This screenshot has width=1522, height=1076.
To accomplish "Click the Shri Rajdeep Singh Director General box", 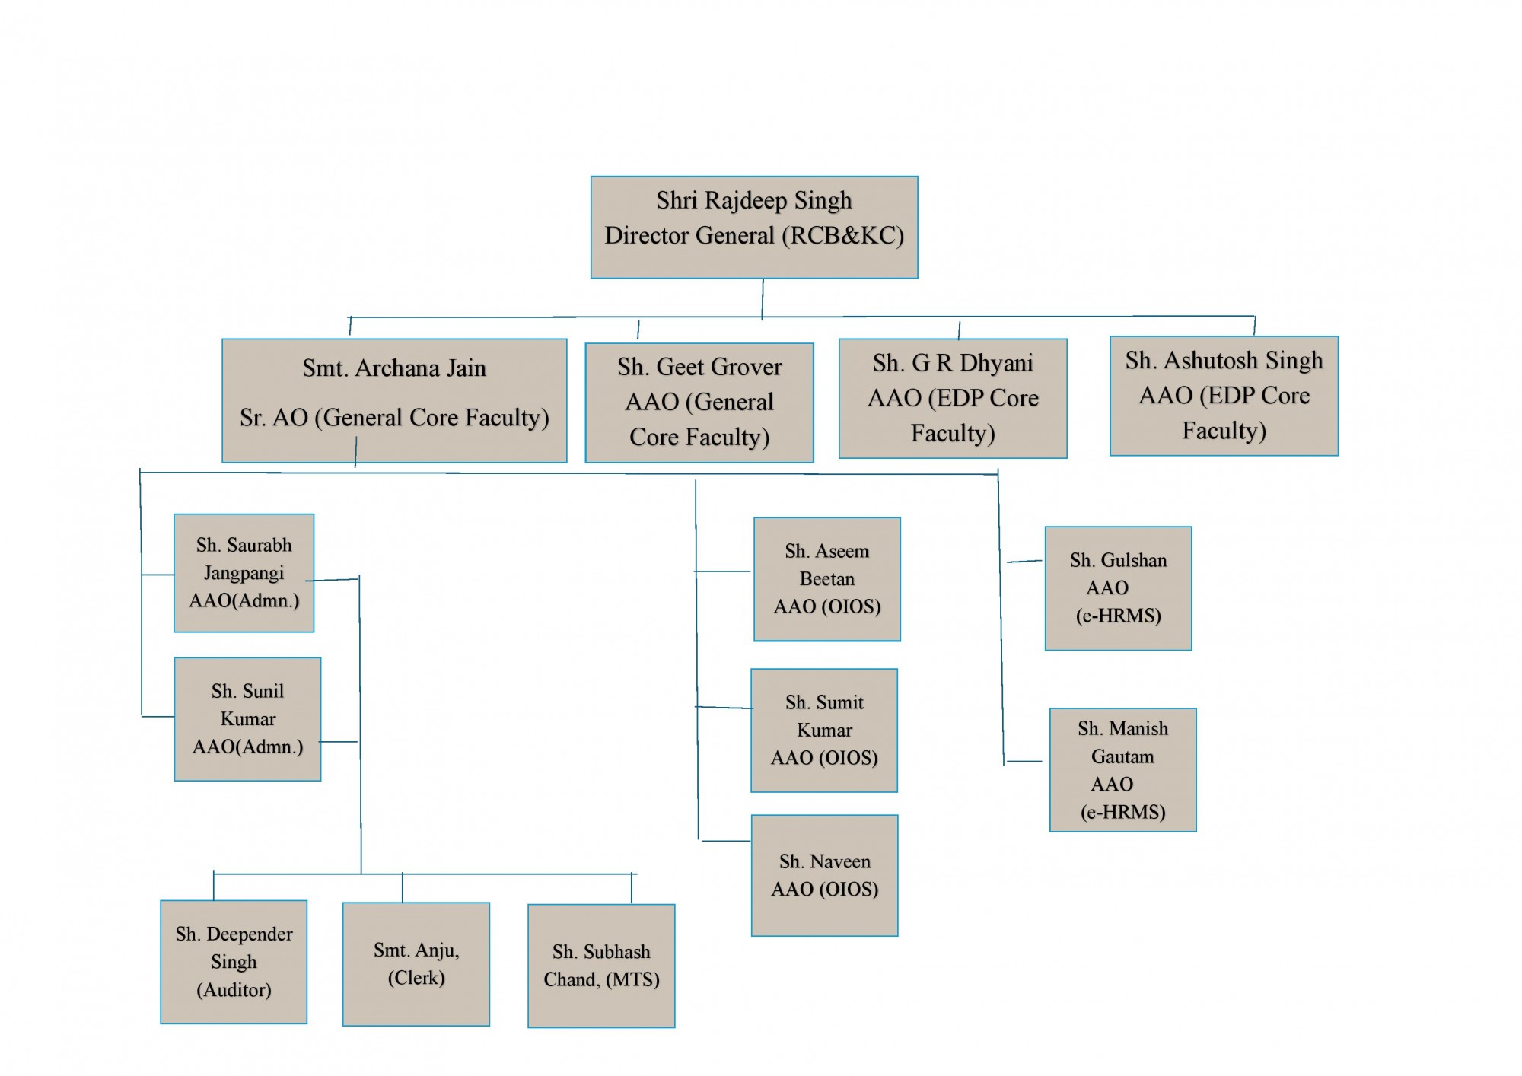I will coord(754,227).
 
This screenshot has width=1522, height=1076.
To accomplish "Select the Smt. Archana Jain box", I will coord(394,400).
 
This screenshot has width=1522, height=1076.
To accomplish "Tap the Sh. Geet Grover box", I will coord(699,403).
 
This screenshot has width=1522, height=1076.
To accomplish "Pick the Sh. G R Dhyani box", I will coord(953,398).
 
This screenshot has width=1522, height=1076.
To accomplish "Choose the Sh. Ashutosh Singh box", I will coord(1224,396).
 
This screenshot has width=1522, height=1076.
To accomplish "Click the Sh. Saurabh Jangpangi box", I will coord(244,573).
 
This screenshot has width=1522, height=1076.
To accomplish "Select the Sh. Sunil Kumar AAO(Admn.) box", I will coord(247,719).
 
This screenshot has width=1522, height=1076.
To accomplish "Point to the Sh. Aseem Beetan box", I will coord(827,579).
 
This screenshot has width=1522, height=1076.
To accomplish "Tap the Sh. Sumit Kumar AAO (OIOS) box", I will coord(824,731).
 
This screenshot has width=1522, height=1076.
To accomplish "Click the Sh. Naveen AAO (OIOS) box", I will coord(825,875).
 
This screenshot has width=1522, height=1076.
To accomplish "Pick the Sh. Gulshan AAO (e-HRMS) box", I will coord(1118,588).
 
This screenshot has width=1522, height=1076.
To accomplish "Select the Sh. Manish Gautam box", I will coord(1122,770).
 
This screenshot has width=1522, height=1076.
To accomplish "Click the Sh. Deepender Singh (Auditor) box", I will coord(234,962).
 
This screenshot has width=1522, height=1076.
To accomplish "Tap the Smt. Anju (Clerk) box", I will coord(416,964).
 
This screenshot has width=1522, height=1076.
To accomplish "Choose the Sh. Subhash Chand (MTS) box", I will coord(601,966).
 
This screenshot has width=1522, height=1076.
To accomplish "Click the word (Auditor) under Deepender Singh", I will coord(234,990).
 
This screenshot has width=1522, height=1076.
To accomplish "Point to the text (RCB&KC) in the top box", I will coord(843,236).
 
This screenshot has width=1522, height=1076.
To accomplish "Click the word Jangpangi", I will coord(244,573).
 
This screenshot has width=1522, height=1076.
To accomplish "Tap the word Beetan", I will coord(827,579).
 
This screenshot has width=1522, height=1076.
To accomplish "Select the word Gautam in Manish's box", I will coord(1122,757).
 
